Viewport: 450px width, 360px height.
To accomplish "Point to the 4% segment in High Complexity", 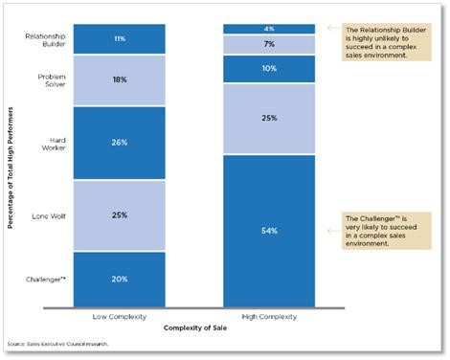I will (269, 29).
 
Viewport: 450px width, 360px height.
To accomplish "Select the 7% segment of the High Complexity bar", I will (269, 45).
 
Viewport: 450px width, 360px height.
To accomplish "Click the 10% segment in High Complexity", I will (269, 69).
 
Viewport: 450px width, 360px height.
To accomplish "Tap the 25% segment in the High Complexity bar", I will (269, 119).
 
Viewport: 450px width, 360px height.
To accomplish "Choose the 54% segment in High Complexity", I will (269, 231).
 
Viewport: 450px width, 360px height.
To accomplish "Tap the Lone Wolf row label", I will (48, 214).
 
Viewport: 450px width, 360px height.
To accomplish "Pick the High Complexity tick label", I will (269, 317).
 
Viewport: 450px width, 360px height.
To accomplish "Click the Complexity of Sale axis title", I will (194, 329).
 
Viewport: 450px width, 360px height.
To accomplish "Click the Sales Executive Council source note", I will (56, 343).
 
